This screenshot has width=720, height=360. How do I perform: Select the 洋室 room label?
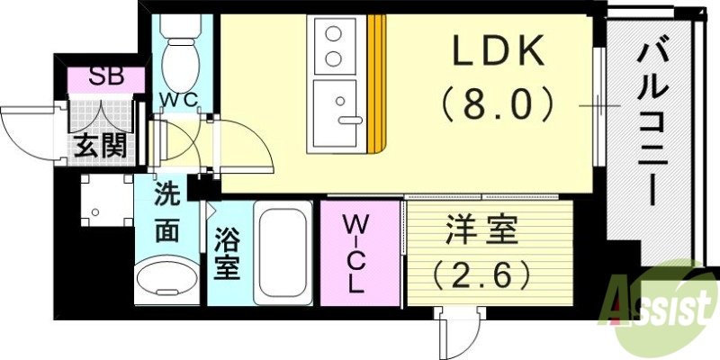tap(481, 232)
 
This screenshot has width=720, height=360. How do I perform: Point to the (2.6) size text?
tap(481, 272)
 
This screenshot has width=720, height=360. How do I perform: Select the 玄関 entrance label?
tap(99, 144)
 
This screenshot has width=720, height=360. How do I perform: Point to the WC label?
tap(178, 100)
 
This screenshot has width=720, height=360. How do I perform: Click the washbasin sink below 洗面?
tap(167, 280)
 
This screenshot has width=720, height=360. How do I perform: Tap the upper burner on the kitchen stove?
tap(333, 37)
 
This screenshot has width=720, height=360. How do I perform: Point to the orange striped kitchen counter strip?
tap(375, 81)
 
